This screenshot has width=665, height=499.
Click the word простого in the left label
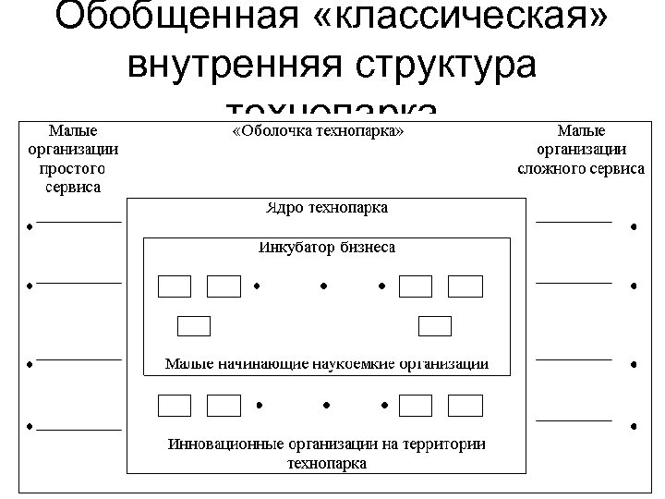(72, 168)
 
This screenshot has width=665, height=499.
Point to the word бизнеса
(368, 247)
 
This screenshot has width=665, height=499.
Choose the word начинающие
(254, 363)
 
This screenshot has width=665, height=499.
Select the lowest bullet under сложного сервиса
(635, 427)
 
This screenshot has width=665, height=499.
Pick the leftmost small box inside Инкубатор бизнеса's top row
(175, 286)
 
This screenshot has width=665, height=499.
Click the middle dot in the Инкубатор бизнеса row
(324, 286)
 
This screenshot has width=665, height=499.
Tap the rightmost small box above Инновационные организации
(465, 405)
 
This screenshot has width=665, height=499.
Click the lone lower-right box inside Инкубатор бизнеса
(434, 325)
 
